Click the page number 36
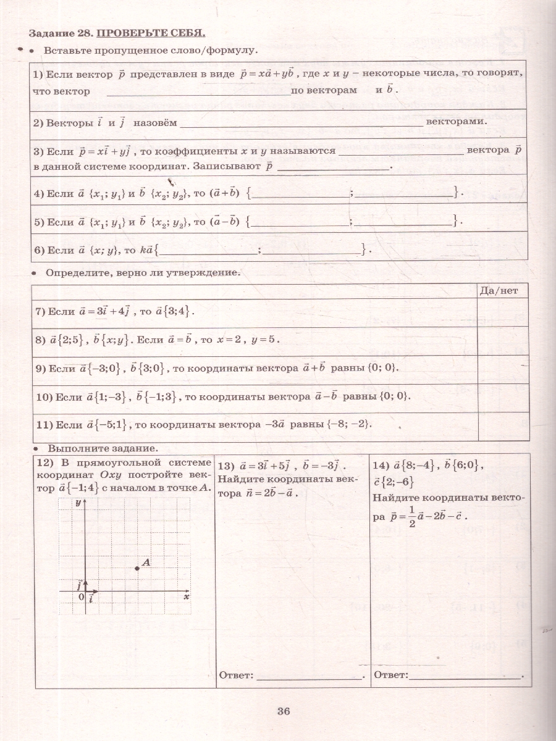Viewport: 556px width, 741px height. [284, 711]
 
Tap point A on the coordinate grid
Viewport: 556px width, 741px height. [137, 567]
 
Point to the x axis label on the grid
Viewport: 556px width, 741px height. [186, 597]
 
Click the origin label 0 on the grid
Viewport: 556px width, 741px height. [81, 597]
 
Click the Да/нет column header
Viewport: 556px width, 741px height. [503, 289]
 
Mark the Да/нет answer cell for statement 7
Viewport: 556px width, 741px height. [503, 311]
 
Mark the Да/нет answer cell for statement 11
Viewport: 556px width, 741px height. [503, 426]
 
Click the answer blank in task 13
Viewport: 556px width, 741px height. [309, 676]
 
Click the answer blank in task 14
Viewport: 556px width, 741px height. [465, 676]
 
